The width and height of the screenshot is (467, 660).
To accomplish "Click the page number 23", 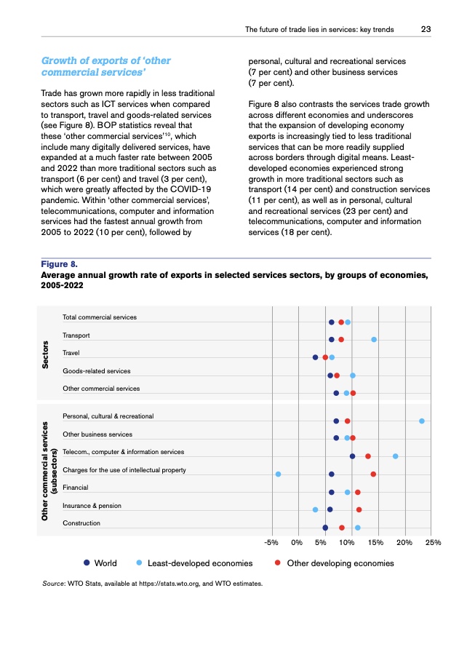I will coord(426,30).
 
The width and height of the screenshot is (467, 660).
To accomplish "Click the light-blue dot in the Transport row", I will coord(374,340).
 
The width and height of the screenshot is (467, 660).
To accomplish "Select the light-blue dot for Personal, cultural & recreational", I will coord(422,421).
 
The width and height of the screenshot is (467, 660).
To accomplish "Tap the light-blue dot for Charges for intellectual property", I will coord(279,474).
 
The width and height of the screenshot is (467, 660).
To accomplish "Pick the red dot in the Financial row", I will coord(358,493).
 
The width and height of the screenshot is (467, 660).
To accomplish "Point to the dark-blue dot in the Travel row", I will coord(315,357).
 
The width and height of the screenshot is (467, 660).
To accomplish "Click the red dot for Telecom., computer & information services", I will coord(368,456).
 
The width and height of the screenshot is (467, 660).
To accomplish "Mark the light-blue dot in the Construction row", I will coord(357,528).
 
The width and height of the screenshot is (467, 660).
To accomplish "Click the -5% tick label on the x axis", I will coord(273,542).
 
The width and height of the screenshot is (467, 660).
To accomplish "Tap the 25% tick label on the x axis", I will coord(433,542).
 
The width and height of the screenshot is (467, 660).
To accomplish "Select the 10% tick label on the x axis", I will coord(347,542).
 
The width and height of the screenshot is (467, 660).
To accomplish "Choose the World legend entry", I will coord(100,563).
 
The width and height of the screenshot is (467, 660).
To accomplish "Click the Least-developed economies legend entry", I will coord(195,563).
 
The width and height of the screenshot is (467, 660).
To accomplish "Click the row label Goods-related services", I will coord(97,372).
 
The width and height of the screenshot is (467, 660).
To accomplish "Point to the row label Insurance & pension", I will coord(92,506).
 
